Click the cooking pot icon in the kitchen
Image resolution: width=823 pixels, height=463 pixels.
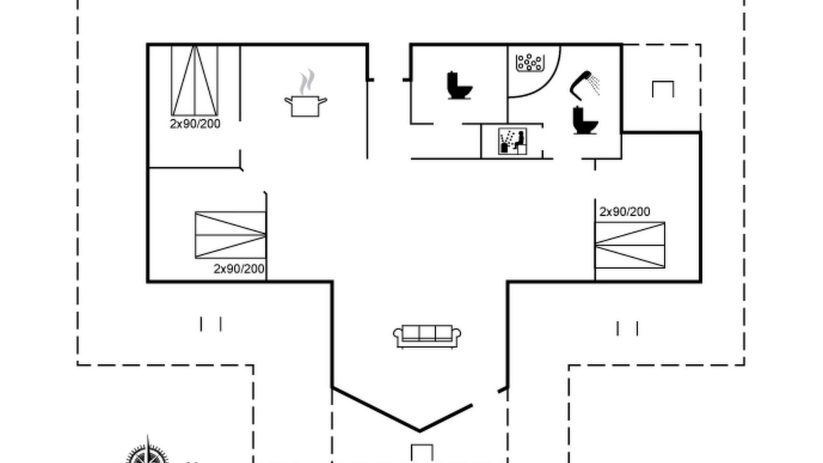tap(305, 106)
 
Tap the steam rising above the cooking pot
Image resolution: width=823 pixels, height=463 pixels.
tap(307, 82)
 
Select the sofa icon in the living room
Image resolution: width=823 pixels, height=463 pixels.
tap(427, 336)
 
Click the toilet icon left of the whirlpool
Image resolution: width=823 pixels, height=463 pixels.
tap(459, 86)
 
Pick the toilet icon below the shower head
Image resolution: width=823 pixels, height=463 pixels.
tap(585, 120)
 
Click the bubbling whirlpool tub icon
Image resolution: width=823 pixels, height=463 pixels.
tap(530, 62)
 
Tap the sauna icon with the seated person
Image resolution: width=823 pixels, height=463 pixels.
tap(512, 141)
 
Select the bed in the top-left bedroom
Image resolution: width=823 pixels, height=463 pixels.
tap(195, 80)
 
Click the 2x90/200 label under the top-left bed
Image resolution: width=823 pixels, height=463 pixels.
tap(195, 124)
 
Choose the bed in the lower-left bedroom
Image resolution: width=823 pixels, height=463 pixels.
tap(230, 235)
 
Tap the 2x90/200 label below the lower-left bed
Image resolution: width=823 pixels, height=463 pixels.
tap(239, 269)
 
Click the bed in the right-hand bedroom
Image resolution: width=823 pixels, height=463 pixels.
tap(629, 245)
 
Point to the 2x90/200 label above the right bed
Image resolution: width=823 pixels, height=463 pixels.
tap(624, 212)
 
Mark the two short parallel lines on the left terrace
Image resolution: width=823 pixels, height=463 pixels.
tap(211, 324)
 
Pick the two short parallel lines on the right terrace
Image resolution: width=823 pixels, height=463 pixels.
tap(627, 329)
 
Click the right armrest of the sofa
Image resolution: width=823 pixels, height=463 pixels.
tap(457, 335)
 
